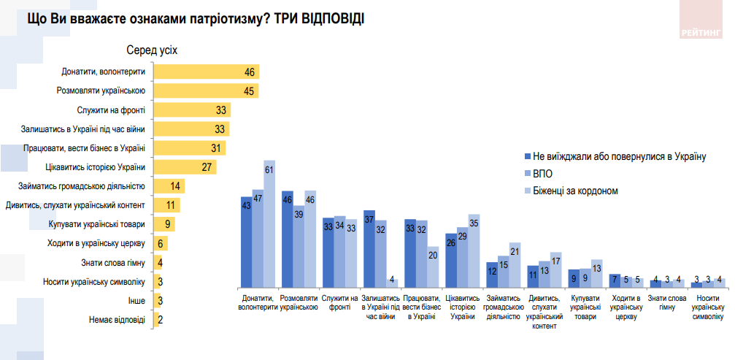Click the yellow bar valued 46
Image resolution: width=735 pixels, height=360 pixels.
(x=205, y=72)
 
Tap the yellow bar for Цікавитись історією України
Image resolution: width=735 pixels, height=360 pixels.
(x=186, y=167)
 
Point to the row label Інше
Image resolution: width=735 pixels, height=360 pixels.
(x=137, y=300)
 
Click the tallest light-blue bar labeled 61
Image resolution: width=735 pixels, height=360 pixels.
(x=269, y=223)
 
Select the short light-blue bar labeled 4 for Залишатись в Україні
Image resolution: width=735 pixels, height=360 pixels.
(x=392, y=283)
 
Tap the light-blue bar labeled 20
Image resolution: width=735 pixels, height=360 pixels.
(x=433, y=267)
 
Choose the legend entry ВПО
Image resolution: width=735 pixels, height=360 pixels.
(x=544, y=174)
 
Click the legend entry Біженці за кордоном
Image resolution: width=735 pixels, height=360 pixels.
(x=575, y=191)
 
